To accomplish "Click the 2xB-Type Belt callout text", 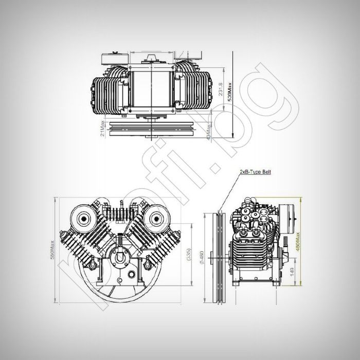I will [255, 174].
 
